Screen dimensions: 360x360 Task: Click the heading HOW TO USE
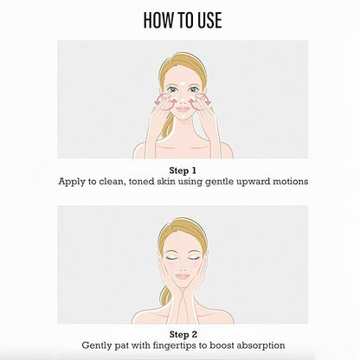point(183,20)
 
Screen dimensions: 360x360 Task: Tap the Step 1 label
point(183,170)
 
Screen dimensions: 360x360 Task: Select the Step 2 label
point(183,335)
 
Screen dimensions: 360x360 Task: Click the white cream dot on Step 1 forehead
point(182,84)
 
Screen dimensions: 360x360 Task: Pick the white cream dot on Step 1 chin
point(183,117)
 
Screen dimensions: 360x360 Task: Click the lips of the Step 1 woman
point(183,109)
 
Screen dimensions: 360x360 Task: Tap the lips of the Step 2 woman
point(183,276)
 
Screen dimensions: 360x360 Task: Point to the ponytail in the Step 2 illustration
point(165,295)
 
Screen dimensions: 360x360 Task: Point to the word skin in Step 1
point(166,182)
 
